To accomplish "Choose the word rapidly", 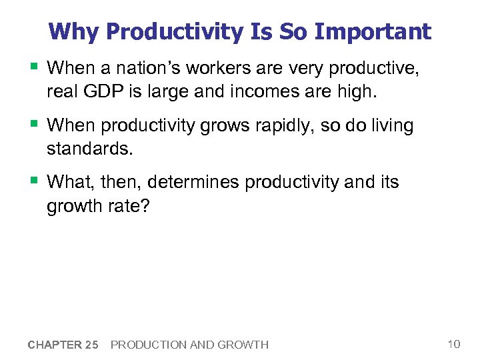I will point(292,125).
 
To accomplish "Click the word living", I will point(391,125).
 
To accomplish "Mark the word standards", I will point(89,147).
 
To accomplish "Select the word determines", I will point(193,182).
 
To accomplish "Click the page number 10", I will point(453,344).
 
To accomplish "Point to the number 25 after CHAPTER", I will point(92,345).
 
